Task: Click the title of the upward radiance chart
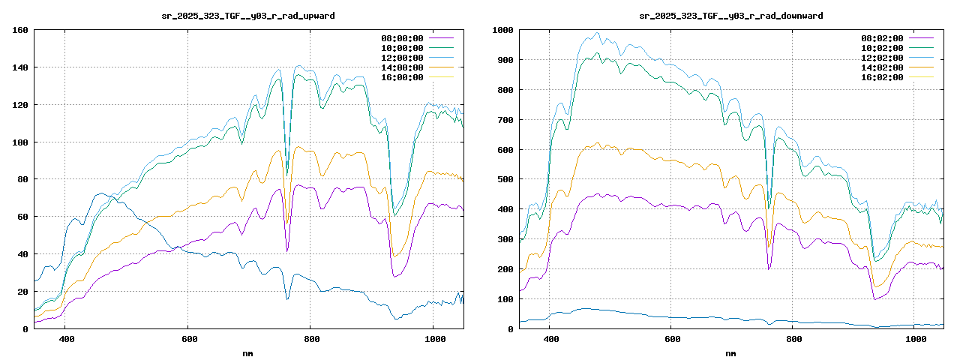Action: pyautogui.click(x=248, y=15)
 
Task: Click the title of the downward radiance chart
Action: pyautogui.click(x=730, y=15)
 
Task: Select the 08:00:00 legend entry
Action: pyautogui.click(x=402, y=37)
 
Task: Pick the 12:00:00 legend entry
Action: pyautogui.click(x=402, y=57)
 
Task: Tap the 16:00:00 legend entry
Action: pyautogui.click(x=402, y=76)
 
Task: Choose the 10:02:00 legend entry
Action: pyautogui.click(x=882, y=47)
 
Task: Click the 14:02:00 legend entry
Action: pyautogui.click(x=882, y=67)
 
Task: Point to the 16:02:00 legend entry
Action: pyautogui.click(x=882, y=76)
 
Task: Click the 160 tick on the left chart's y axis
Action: pyautogui.click(x=20, y=30)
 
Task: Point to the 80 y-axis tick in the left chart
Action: pyautogui.click(x=22, y=179)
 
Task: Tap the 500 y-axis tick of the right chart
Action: pyautogui.click(x=505, y=179)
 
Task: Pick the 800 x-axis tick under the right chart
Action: pyautogui.click(x=794, y=340)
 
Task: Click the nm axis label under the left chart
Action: pyautogui.click(x=248, y=352)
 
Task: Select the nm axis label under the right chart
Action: pyautogui.click(x=730, y=352)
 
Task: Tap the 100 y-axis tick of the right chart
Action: pyautogui.click(x=505, y=299)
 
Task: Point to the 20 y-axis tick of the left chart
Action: pyautogui.click(x=22, y=292)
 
